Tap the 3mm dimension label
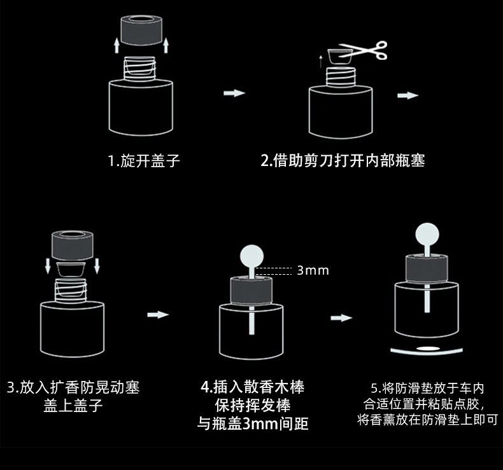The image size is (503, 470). point(313,270)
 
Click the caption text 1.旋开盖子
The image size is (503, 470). point(143,161)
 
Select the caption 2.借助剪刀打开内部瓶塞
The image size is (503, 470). point(343,161)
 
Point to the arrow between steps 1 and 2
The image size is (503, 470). point(234,93)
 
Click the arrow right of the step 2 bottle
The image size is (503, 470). point(407,95)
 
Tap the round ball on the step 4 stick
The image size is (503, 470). point(252,257)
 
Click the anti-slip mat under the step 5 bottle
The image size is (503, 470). point(425,349)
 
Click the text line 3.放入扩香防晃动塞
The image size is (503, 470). point(73,387)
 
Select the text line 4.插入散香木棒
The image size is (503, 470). point(252,387)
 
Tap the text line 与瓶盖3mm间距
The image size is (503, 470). point(252,423)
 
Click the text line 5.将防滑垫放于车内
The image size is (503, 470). point(427,387)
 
